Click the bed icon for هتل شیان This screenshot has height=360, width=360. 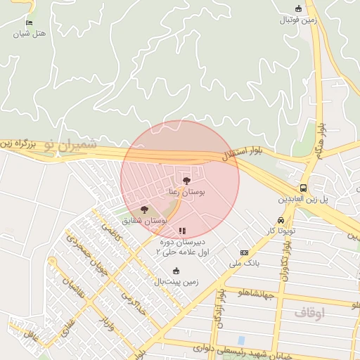(29, 22)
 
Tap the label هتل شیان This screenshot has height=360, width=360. (28, 33)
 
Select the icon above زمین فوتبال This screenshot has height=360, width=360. (299, 8)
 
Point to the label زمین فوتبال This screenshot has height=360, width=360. (299, 20)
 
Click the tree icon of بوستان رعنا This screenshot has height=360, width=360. (186, 181)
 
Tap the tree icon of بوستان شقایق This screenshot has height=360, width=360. (144, 210)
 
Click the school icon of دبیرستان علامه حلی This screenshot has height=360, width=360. (182, 231)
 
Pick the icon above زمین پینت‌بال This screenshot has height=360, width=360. (176, 271)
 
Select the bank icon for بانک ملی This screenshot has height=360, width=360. (244, 253)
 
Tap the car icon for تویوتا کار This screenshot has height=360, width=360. (281, 220)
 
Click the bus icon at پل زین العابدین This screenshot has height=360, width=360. (303, 188)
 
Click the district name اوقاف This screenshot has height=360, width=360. (309, 314)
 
